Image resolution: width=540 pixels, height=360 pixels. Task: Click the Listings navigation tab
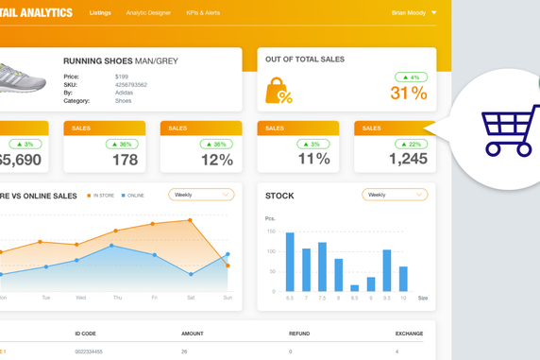[100, 13]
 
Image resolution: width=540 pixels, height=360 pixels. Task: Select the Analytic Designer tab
[148, 13]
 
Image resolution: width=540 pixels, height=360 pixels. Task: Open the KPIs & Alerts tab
[203, 13]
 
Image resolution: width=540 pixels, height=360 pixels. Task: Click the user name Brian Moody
[409, 13]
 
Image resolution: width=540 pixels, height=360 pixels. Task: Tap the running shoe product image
[21, 78]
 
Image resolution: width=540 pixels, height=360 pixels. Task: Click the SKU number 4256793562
[130, 85]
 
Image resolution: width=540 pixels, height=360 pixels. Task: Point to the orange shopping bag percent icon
[278, 91]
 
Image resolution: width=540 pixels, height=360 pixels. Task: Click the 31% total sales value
[409, 93]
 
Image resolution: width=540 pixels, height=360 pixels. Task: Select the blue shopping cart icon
[510, 130]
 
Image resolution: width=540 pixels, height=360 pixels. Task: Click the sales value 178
[125, 160]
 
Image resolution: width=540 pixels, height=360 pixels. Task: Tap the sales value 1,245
[408, 160]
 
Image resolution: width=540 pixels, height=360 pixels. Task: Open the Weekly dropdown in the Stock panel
[394, 195]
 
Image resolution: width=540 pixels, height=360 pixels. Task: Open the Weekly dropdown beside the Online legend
[201, 195]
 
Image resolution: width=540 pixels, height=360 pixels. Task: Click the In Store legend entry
[102, 196]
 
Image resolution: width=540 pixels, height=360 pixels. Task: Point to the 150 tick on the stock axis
[271, 231]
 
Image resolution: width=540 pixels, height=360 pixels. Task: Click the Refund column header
[299, 334]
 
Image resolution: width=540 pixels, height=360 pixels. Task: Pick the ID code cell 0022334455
[89, 351]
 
